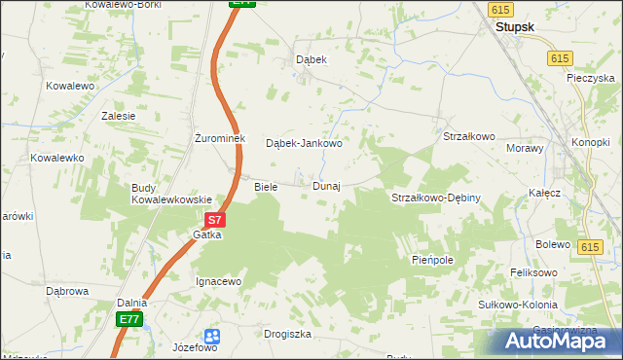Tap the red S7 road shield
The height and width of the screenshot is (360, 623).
click(x=216, y=221)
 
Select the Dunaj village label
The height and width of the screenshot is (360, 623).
click(x=325, y=186)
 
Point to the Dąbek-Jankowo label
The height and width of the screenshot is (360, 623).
click(x=304, y=143)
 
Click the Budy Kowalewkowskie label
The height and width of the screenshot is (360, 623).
click(x=171, y=194)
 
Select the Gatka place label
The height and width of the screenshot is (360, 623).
click(x=207, y=235)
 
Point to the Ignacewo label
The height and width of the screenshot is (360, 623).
click(x=218, y=281)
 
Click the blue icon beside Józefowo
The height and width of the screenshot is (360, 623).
click(x=213, y=336)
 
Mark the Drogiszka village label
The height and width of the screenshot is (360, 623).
click(x=287, y=334)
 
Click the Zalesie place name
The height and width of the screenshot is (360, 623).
click(x=118, y=115)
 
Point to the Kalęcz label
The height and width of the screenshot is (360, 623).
click(x=545, y=193)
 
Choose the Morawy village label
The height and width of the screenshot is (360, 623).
click(x=525, y=148)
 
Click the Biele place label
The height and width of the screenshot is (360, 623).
click(x=266, y=186)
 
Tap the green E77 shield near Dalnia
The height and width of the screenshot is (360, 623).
click(x=128, y=319)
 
